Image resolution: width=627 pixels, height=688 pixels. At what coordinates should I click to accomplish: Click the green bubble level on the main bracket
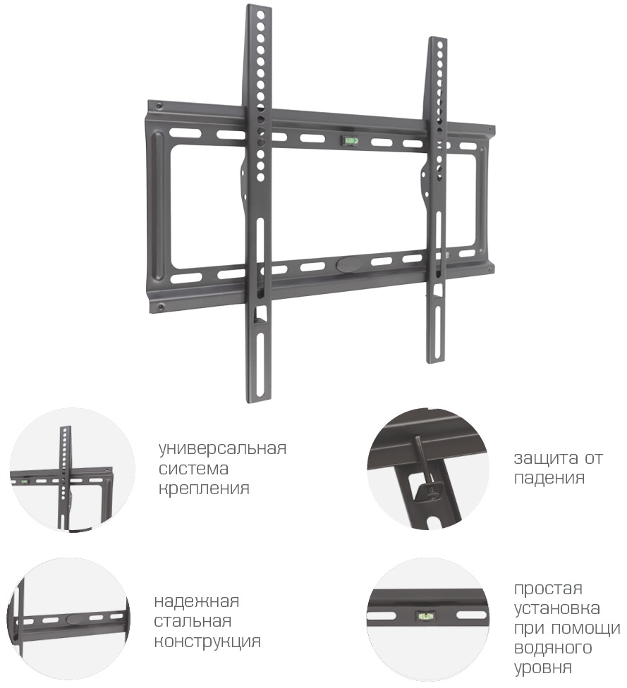tap(351, 140)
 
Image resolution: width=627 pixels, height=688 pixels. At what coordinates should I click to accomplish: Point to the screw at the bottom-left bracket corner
tap(160, 306)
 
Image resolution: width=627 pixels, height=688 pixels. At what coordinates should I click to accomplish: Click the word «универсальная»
tap(223, 448)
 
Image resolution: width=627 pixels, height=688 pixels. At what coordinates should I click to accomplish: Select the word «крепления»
tap(204, 489)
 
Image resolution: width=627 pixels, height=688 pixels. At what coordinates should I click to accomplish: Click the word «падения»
tap(549, 478)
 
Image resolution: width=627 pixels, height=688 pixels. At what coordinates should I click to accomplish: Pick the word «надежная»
tap(197, 601)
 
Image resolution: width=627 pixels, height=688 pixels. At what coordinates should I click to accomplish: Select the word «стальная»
tap(193, 621)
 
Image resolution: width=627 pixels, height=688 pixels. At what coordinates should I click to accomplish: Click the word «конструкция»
tap(207, 641)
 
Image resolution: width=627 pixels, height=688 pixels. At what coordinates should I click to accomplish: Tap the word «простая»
tap(549, 589)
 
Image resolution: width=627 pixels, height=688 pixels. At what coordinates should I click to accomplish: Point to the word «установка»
tap(557, 608)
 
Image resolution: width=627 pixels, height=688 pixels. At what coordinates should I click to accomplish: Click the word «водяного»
tap(553, 648)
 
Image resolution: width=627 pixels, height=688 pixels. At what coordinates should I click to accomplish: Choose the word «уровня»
tap(543, 668)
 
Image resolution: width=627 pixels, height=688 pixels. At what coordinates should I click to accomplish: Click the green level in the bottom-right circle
tap(424, 616)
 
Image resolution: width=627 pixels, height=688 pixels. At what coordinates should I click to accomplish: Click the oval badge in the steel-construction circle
tap(75, 619)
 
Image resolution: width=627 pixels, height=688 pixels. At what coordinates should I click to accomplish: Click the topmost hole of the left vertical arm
tap(261, 15)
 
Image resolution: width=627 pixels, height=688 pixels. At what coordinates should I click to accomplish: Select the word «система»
tap(194, 469)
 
